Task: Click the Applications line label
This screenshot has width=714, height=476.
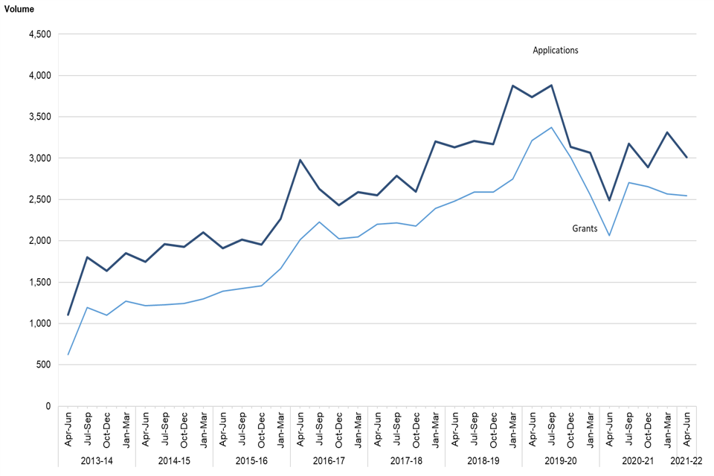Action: pos(555,51)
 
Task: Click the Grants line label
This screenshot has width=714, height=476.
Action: pos(585,229)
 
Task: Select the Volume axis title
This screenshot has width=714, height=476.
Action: pos(19,9)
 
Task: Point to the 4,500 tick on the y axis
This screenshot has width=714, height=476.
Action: pos(38,34)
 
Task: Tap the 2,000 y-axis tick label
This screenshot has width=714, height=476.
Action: pos(38,241)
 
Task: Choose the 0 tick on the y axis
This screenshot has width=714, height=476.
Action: pos(47,406)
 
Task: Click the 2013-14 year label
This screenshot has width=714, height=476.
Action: pos(97,461)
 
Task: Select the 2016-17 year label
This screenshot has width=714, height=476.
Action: pos(329,461)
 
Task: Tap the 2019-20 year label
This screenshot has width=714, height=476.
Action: pos(561,461)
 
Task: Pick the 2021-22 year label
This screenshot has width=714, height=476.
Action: pos(686,461)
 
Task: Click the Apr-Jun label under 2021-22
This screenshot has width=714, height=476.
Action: pos(686,430)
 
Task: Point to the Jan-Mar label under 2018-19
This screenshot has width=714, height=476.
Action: pos(512,430)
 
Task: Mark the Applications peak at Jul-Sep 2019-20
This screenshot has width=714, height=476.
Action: pos(551,85)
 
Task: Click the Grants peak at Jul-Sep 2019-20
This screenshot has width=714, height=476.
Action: pos(551,127)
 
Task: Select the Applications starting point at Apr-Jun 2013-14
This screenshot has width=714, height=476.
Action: pos(68,315)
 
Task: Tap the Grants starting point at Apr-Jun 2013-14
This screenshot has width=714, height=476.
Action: pos(68,355)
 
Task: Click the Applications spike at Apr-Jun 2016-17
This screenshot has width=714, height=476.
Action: pos(300,160)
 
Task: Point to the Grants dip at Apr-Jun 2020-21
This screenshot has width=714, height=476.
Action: pos(609,236)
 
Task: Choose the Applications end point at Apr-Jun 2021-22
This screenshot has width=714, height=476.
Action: pos(686,158)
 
